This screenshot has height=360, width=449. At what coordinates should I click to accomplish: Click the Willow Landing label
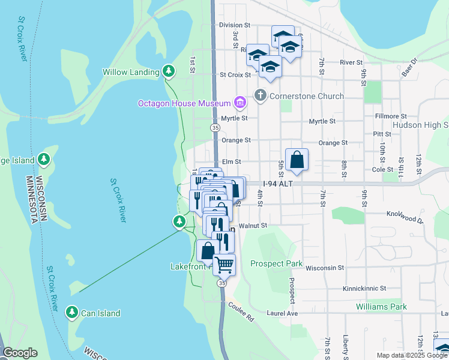[131, 72]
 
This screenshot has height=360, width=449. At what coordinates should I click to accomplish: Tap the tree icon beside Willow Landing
[169, 71]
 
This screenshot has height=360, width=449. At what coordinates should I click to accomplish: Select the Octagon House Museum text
[184, 103]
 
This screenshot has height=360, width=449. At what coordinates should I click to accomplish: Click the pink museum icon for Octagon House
[240, 103]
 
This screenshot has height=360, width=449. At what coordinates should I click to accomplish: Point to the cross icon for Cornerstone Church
[261, 95]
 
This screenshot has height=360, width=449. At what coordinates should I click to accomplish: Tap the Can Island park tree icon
[71, 313]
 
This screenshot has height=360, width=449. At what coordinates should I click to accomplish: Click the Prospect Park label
[276, 263]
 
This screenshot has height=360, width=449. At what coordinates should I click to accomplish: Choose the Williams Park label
[381, 307]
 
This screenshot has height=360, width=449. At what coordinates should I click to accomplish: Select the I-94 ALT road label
[277, 184]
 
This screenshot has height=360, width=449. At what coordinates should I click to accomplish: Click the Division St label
[234, 25]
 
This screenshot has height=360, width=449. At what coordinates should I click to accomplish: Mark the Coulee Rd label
[241, 313]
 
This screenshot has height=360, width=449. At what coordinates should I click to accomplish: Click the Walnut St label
[252, 226]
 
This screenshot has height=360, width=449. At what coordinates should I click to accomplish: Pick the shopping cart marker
[224, 264]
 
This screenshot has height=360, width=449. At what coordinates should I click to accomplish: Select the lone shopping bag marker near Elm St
[297, 160]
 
